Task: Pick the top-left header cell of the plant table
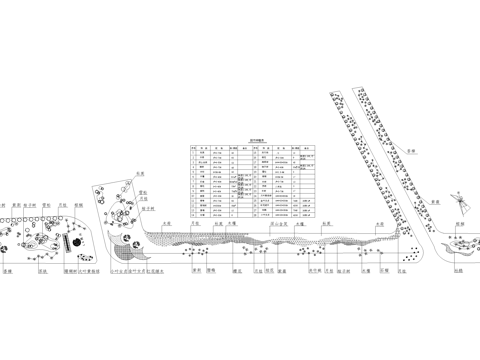[192, 147]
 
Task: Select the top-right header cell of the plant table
[304, 147]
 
